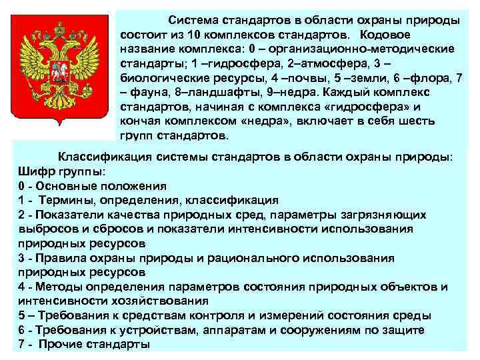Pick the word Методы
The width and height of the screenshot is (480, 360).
(60, 287)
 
